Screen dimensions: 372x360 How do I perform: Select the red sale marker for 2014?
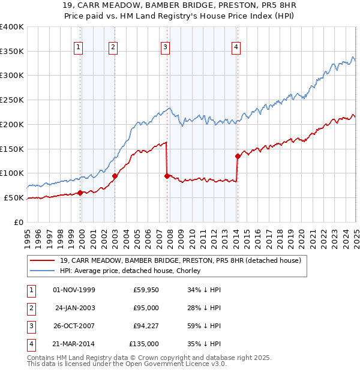tap(238, 157)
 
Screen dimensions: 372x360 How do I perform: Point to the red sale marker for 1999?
tap(80, 193)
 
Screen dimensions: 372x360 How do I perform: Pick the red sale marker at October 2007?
tap(167, 176)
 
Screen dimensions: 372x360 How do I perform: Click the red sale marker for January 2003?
tap(115, 176)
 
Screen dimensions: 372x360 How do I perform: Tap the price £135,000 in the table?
tap(144, 344)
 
